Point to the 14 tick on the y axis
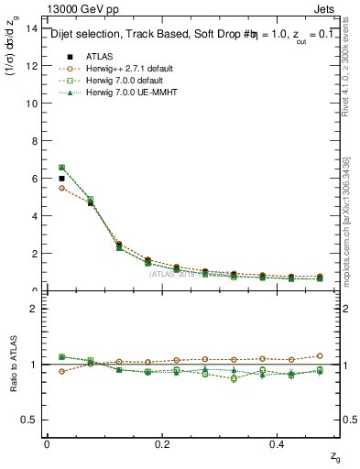(x=32, y=28)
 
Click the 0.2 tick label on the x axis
(x=162, y=444)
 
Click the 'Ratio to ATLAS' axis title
(x=12, y=364)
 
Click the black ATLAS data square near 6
(x=61, y=179)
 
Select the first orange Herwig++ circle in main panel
(x=61, y=188)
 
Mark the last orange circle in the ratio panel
(x=320, y=355)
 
